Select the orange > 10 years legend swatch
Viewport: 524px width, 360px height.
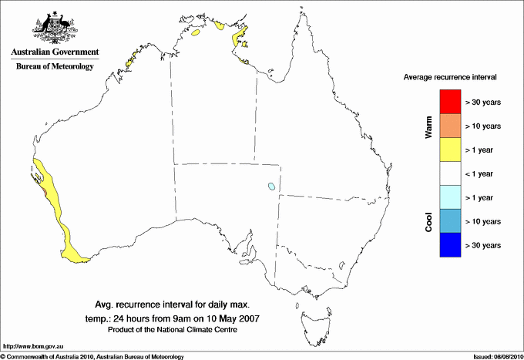coord(449,126)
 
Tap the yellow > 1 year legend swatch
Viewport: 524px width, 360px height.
coord(449,150)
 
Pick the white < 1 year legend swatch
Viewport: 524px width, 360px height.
coord(449,173)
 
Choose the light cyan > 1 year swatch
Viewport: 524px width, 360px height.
coord(449,197)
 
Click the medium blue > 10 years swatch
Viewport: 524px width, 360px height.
coord(449,221)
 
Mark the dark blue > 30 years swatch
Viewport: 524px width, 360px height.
coord(449,245)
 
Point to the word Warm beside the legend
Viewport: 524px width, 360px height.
coord(429,126)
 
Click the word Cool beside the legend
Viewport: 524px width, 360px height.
coord(429,221)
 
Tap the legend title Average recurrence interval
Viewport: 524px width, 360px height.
coord(450,78)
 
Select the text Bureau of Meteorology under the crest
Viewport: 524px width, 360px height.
coord(55,66)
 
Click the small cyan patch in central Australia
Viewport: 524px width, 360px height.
coord(271,187)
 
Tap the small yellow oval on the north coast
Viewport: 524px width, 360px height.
coord(196,34)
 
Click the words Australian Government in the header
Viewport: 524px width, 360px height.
coord(55,52)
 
